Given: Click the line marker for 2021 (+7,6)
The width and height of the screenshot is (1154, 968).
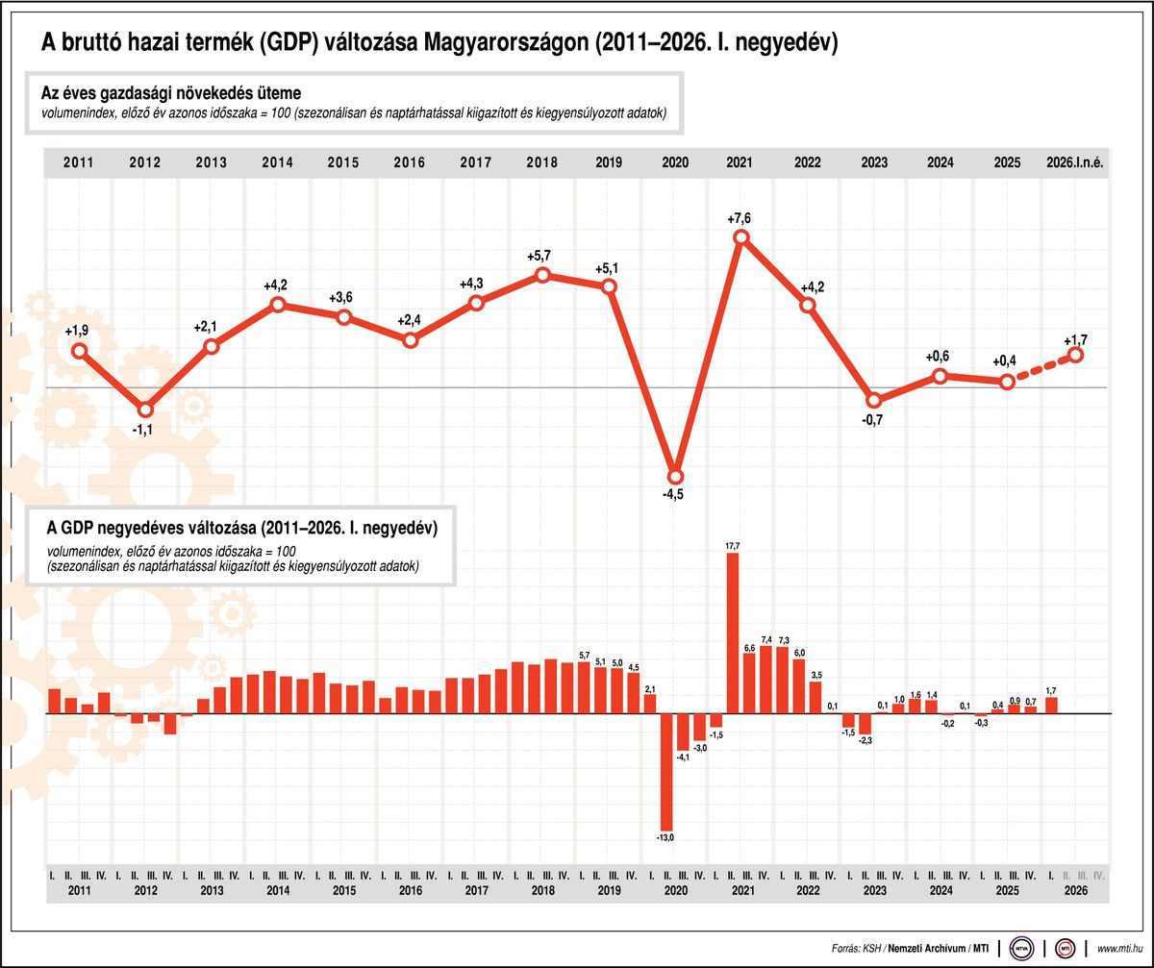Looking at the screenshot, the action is [x=741, y=237].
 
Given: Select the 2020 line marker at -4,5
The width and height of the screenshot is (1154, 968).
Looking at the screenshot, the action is [x=675, y=477].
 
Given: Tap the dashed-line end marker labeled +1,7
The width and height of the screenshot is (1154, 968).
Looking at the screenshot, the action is [x=1075, y=355].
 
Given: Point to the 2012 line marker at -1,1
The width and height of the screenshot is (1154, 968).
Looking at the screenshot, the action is [x=145, y=410].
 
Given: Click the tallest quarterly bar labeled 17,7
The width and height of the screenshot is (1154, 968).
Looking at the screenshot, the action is [x=732, y=633].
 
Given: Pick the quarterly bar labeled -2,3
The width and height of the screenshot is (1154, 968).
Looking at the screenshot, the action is [x=865, y=724].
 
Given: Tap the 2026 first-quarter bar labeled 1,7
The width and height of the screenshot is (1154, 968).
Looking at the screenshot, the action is [x=1051, y=706].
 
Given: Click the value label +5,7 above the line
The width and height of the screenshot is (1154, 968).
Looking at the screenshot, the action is [x=539, y=256].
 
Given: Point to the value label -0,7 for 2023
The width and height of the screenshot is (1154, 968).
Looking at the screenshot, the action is [x=872, y=420].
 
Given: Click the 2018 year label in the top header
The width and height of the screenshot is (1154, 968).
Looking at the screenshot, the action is [x=541, y=162].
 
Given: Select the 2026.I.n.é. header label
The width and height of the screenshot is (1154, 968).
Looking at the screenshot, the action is [x=1074, y=162].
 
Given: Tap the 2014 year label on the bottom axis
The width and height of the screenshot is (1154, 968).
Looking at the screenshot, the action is [x=278, y=891].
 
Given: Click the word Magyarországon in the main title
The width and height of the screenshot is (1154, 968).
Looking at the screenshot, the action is [x=506, y=42].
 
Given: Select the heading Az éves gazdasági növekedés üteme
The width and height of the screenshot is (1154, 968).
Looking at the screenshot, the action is [x=171, y=93].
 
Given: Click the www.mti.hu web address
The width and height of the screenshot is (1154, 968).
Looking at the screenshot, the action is [x=1119, y=949].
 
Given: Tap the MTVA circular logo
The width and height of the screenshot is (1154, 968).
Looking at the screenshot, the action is [x=1021, y=949].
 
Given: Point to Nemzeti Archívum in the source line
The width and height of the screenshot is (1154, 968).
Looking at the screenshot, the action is [x=927, y=949].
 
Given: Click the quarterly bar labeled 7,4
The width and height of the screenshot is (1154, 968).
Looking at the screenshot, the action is [x=765, y=680].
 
